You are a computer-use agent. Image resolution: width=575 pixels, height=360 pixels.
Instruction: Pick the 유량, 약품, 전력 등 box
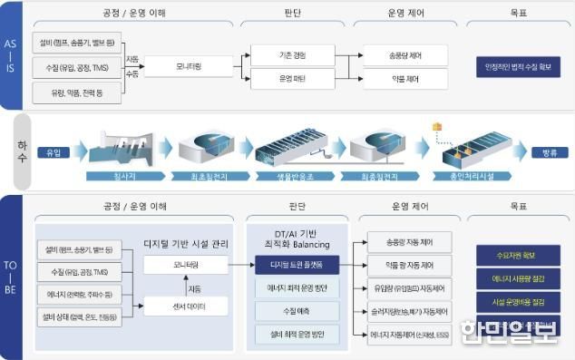point(75,92)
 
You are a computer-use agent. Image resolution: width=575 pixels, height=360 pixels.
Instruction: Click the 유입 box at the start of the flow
point(53,152)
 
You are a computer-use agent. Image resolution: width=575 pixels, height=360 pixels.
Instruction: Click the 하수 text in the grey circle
point(17,150)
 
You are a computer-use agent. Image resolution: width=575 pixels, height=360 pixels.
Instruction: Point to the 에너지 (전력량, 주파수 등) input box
point(75,294)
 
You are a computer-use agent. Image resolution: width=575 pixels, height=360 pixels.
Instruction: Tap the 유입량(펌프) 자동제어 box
point(409,288)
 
